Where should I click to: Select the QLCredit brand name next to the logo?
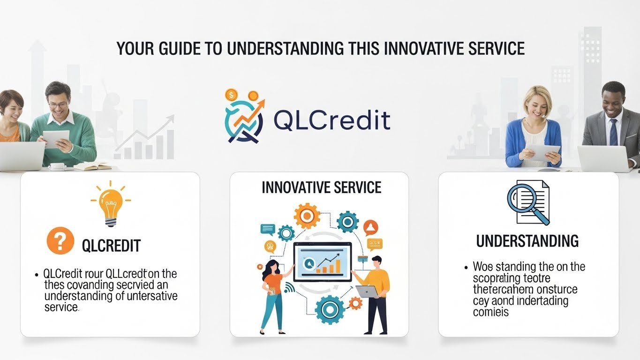[x=331, y=120]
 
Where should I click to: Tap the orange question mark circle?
[x=60, y=241]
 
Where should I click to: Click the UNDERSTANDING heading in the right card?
[x=527, y=241]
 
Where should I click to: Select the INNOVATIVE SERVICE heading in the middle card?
[x=321, y=187]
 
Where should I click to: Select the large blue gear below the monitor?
[x=330, y=310]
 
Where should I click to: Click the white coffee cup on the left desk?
[x=57, y=166]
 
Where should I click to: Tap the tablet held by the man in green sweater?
[x=56, y=139]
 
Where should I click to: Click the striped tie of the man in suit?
[x=613, y=132]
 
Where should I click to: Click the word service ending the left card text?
[x=61, y=307]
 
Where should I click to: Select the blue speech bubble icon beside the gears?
[x=267, y=229]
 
